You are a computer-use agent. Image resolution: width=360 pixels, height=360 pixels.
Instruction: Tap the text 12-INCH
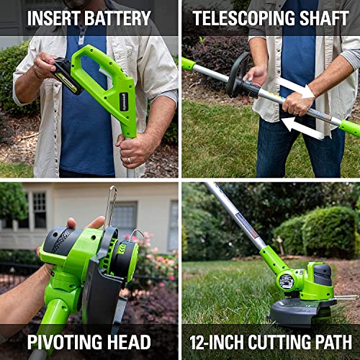pos(220,341)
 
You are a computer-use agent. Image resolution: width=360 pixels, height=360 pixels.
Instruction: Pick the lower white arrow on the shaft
pos(302,128)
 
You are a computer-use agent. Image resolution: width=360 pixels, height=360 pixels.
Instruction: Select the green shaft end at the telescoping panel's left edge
pos(188,64)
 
